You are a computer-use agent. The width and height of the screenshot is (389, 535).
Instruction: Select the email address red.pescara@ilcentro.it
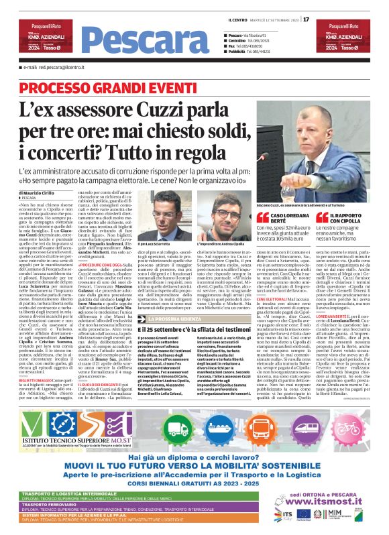(56, 68)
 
